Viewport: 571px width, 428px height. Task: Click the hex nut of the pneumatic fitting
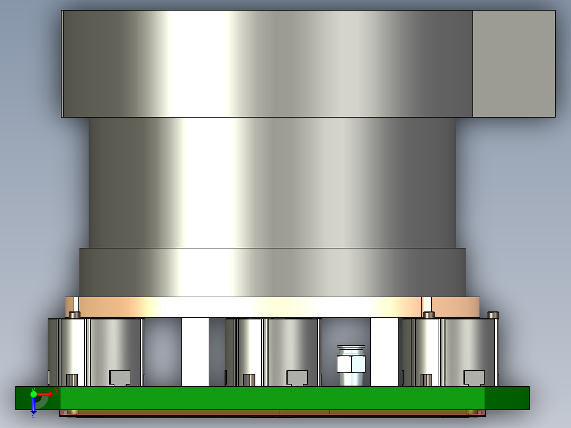point(351,363)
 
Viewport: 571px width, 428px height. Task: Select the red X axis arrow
point(44,394)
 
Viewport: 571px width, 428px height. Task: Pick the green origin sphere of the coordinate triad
point(33,394)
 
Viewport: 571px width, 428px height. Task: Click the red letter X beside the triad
point(56,391)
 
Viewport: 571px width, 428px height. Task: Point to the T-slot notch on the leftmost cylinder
point(120,377)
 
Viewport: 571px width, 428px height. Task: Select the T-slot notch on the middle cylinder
point(297,377)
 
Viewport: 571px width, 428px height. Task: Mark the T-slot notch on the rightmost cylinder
point(474,377)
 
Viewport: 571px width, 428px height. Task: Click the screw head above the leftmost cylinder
point(75,315)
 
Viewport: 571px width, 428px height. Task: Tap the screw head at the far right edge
point(493,315)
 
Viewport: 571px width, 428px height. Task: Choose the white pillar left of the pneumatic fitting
point(195,352)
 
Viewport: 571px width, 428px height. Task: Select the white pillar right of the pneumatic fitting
point(385,352)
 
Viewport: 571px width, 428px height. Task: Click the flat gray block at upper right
point(513,64)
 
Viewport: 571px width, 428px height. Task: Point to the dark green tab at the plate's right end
point(507,398)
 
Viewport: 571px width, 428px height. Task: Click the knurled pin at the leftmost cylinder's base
point(72,380)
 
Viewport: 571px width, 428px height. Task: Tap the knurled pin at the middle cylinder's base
point(249,380)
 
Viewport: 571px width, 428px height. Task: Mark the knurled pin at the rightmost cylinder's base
point(426,380)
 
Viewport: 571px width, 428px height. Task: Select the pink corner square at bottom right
point(480,412)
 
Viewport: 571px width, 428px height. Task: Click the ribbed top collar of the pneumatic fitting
point(351,349)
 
